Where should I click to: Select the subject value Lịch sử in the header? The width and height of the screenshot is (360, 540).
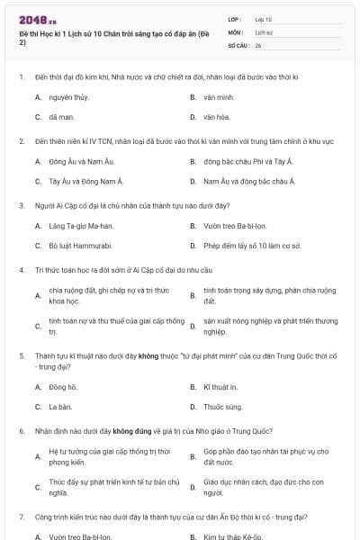click(x=263, y=31)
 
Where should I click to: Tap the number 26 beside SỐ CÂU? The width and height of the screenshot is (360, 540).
click(x=258, y=44)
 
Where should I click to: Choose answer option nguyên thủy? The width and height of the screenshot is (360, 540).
click(x=68, y=96)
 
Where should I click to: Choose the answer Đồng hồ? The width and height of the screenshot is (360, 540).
click(x=64, y=387)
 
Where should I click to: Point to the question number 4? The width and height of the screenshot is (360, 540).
click(x=21, y=269)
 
